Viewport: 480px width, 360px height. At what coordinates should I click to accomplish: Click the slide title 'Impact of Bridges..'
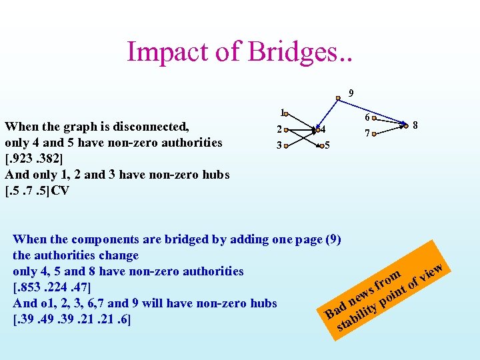[239, 51]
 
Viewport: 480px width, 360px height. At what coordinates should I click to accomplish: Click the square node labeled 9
[338, 98]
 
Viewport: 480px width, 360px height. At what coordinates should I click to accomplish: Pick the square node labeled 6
[375, 120]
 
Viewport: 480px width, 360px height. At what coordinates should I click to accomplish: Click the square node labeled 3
[285, 144]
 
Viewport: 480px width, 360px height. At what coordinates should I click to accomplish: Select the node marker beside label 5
[319, 145]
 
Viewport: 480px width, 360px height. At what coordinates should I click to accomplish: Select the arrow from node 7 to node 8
[390, 129]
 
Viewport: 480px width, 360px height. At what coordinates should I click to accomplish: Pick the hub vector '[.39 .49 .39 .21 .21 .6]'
[71, 319]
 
